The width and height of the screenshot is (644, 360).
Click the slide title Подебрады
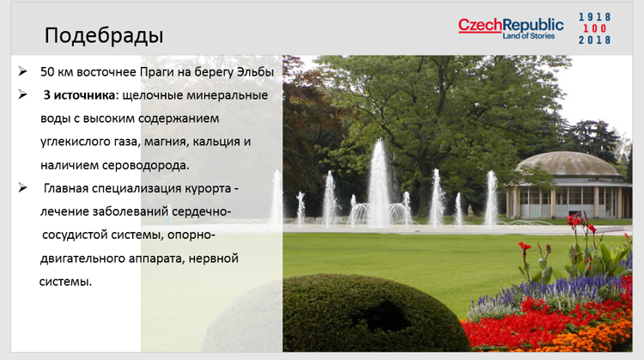pos(104,35)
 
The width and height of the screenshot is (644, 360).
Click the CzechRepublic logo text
pos(511,25)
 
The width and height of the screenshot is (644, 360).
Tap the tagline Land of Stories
pos(529,36)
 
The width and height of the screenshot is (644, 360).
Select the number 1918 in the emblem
pos(594,17)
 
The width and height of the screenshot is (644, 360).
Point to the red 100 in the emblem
pos(594,28)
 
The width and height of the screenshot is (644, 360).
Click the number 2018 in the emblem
pos(594,40)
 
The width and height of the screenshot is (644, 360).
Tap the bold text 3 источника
pos(79,95)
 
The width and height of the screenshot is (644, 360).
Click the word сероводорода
pos(145,166)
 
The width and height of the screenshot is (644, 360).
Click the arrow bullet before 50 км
pos(22,71)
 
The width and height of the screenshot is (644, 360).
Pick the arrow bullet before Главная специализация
pos(22,188)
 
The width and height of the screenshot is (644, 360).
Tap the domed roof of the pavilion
pos(569,164)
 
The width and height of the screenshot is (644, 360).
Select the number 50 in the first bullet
pos(47,72)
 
